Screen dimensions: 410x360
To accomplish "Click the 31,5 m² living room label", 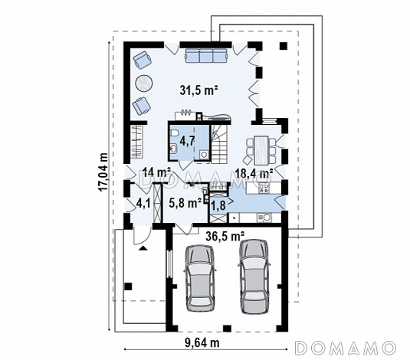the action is [x=199, y=90].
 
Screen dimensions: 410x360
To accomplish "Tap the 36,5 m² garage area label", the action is [x=225, y=236].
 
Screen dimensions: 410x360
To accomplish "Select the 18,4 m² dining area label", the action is [x=254, y=173].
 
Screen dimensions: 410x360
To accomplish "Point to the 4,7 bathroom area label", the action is [x=187, y=141].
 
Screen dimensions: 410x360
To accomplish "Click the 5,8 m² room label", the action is [x=185, y=203].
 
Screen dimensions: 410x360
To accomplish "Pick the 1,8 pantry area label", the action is [x=218, y=205].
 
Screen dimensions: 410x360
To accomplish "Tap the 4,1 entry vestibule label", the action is [x=143, y=204].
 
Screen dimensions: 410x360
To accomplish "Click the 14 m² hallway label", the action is [x=156, y=172].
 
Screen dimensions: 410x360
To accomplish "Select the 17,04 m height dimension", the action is [x=103, y=172].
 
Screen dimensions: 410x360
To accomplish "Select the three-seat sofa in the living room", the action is [x=206, y=55].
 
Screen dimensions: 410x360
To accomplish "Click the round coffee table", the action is [x=144, y=83].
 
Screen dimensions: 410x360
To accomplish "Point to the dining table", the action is [x=261, y=150].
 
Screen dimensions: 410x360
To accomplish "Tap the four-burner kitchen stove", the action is [x=264, y=188].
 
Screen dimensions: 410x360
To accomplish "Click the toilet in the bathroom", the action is [x=173, y=134].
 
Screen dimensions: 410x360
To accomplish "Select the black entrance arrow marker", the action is [x=143, y=248].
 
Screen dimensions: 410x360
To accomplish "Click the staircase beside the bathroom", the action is [x=219, y=143].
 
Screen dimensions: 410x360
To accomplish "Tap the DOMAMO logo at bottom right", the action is [x=345, y=348].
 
